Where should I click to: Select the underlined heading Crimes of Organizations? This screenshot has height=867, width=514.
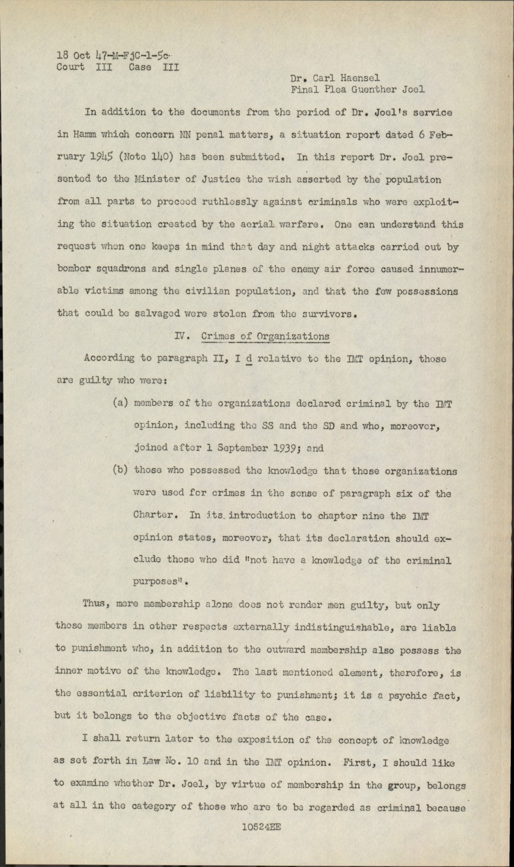(x=265, y=336)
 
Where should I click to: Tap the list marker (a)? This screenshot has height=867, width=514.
(x=120, y=403)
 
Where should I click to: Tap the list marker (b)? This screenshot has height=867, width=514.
(x=120, y=470)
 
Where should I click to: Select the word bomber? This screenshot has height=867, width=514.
(x=74, y=269)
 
